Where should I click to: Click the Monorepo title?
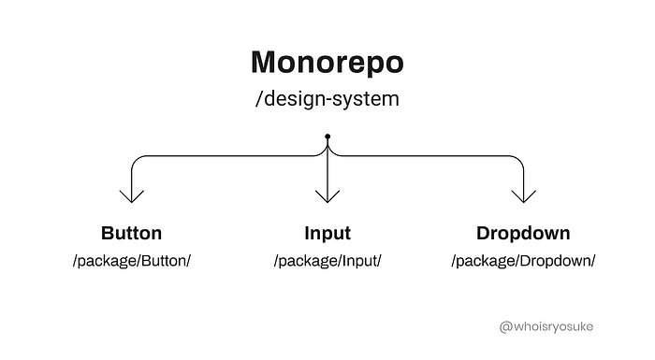point(327,62)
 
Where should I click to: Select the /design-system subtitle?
point(327,98)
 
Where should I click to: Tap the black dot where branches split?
point(327,137)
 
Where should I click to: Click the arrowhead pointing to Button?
point(132,195)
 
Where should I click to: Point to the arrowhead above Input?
point(327,195)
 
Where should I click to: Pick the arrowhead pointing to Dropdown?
point(522,195)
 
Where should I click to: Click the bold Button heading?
point(131,233)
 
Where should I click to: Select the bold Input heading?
point(327,233)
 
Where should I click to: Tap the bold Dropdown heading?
point(523,233)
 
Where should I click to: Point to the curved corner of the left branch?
point(137,160)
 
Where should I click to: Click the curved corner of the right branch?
point(517,160)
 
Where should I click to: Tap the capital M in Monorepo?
point(266,62)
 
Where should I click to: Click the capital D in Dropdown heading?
point(483,233)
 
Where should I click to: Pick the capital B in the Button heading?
point(107,233)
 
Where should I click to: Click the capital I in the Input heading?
point(307,233)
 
